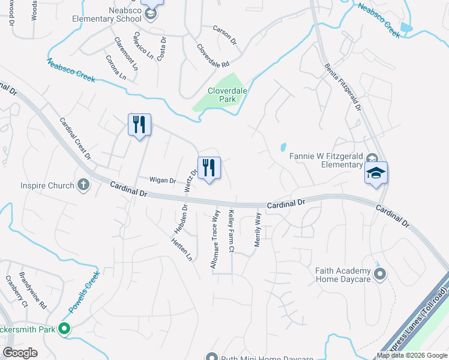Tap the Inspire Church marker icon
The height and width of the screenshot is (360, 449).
83,185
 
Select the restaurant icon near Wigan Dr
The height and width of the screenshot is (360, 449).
209,167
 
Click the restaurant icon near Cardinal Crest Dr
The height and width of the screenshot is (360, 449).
139,124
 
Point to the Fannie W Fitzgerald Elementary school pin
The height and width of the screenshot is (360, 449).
376,173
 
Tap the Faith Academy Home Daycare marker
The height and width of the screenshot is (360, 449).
379,275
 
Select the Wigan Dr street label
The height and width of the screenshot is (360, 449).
162,180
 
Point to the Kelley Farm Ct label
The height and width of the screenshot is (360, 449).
231,231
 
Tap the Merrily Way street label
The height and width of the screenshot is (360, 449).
258,232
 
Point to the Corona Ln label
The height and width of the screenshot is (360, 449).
116,68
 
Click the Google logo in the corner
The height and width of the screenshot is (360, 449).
20,353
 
